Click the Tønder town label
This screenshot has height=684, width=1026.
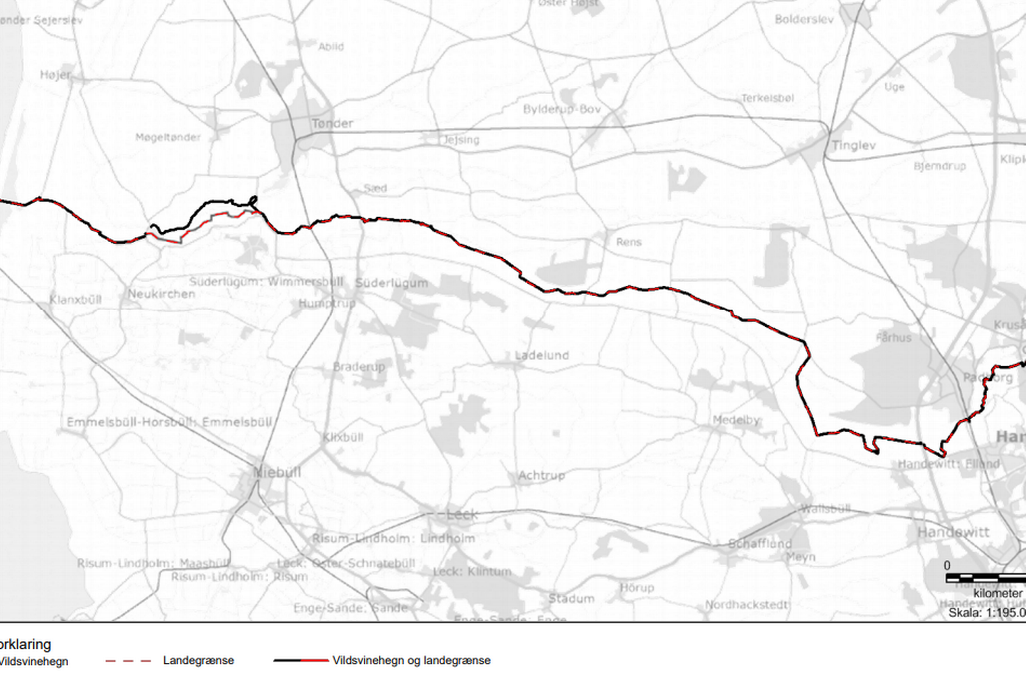(x=332, y=123)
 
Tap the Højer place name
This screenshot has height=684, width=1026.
(x=55, y=75)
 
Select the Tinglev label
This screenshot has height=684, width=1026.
(x=853, y=145)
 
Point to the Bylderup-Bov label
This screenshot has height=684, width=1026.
(x=562, y=109)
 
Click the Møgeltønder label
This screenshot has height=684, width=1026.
(x=168, y=137)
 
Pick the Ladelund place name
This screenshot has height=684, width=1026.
(x=542, y=355)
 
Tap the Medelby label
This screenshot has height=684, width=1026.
(x=736, y=420)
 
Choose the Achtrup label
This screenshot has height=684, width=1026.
(x=541, y=476)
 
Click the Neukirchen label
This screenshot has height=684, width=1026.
(x=161, y=294)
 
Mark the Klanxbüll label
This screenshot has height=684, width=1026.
(x=75, y=300)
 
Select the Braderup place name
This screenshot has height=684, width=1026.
(x=359, y=367)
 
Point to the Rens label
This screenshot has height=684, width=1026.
(x=628, y=242)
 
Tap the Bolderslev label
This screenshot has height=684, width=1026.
(x=804, y=20)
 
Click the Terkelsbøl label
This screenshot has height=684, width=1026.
(x=767, y=98)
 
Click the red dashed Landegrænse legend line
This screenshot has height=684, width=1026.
(x=128, y=661)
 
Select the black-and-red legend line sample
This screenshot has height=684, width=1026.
(x=301, y=660)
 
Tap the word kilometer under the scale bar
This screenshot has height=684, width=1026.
(x=998, y=594)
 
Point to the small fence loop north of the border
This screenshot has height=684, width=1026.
(x=252, y=201)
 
